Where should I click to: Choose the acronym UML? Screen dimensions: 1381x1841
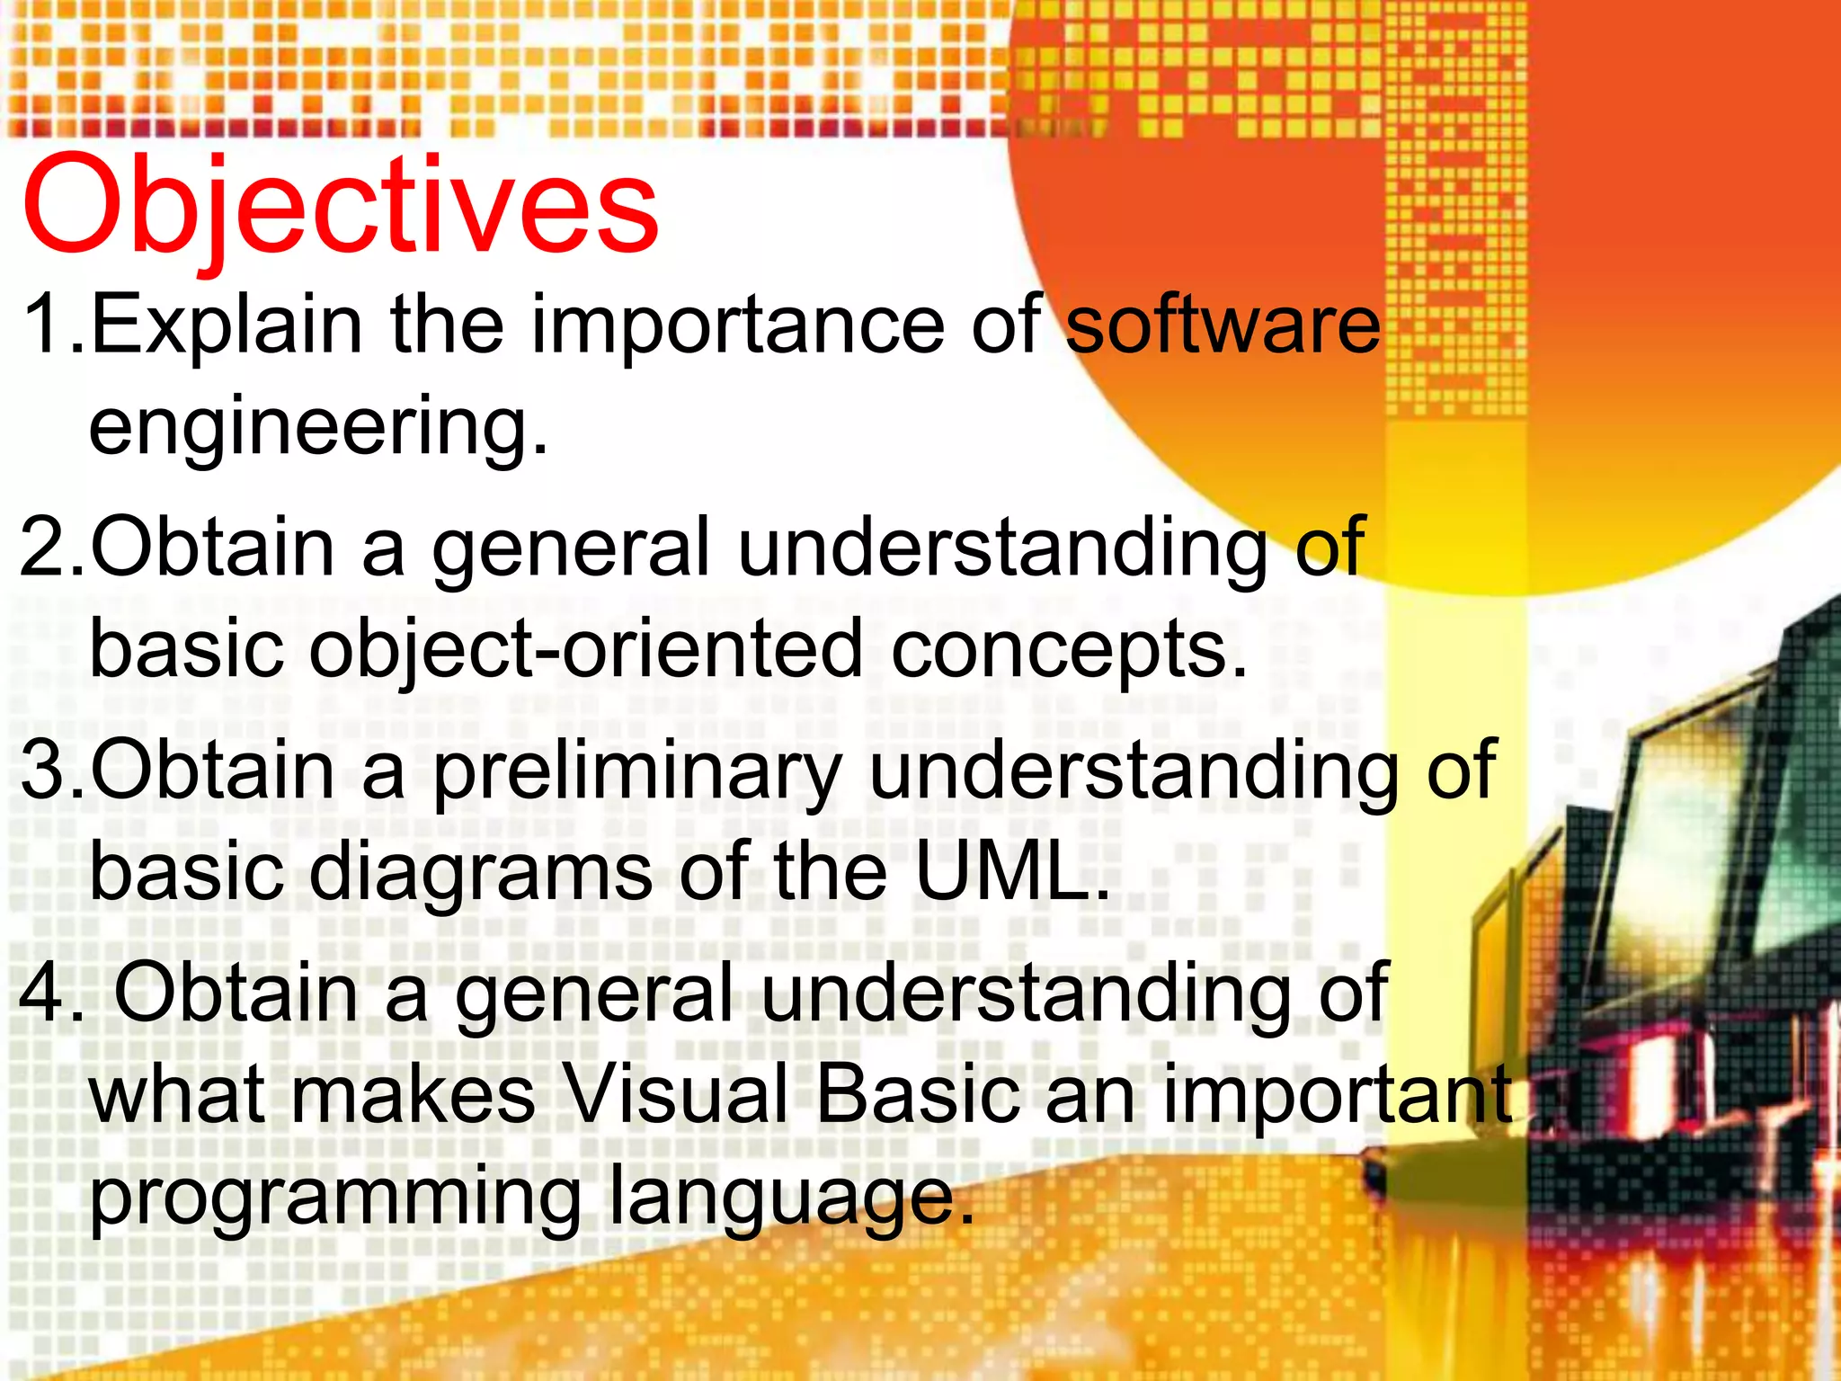pos(1012,870)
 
